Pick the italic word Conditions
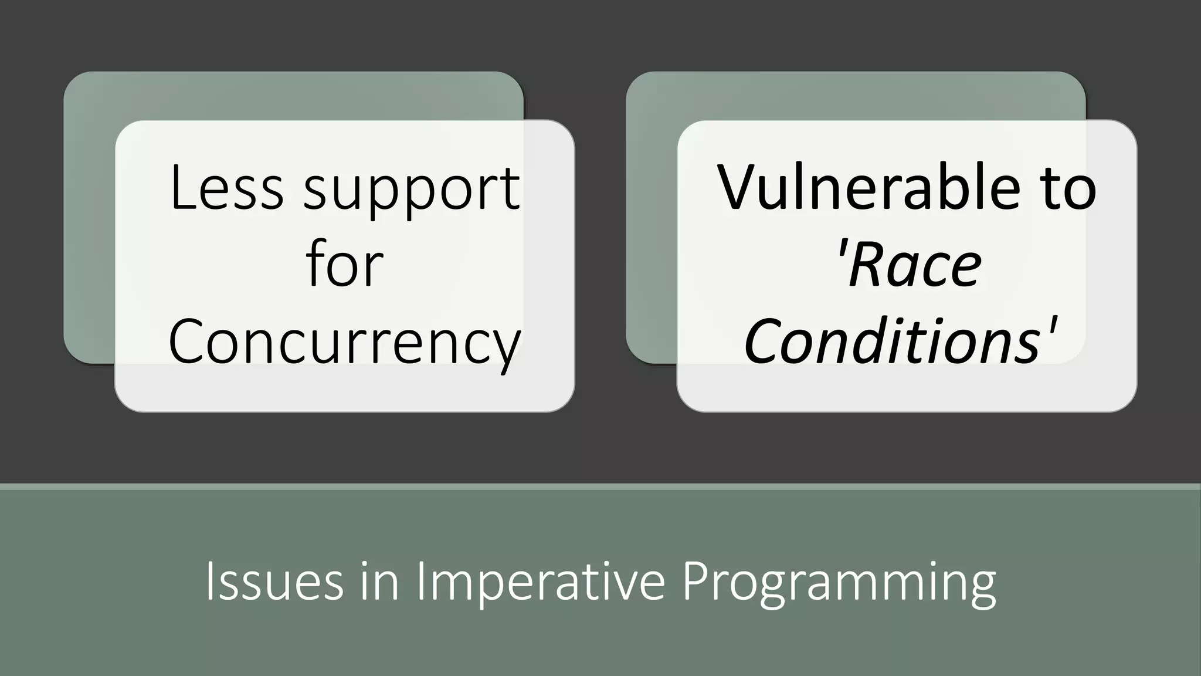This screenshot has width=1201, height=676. (x=891, y=342)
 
